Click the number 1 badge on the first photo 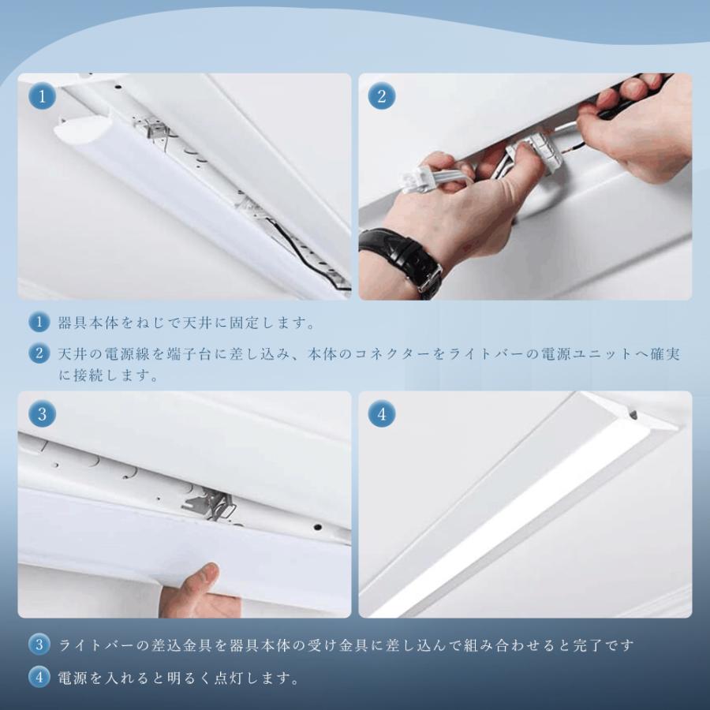point(42,96)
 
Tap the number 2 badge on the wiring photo point(382,96)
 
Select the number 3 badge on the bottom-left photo point(42,414)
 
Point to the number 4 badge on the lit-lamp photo point(382,414)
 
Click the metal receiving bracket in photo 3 point(209,504)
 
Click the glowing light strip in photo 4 point(512,521)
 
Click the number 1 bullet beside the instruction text point(39,323)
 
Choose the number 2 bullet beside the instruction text point(39,353)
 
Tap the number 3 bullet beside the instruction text point(39,645)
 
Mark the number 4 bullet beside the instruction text point(39,678)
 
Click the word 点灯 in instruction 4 point(229,678)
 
